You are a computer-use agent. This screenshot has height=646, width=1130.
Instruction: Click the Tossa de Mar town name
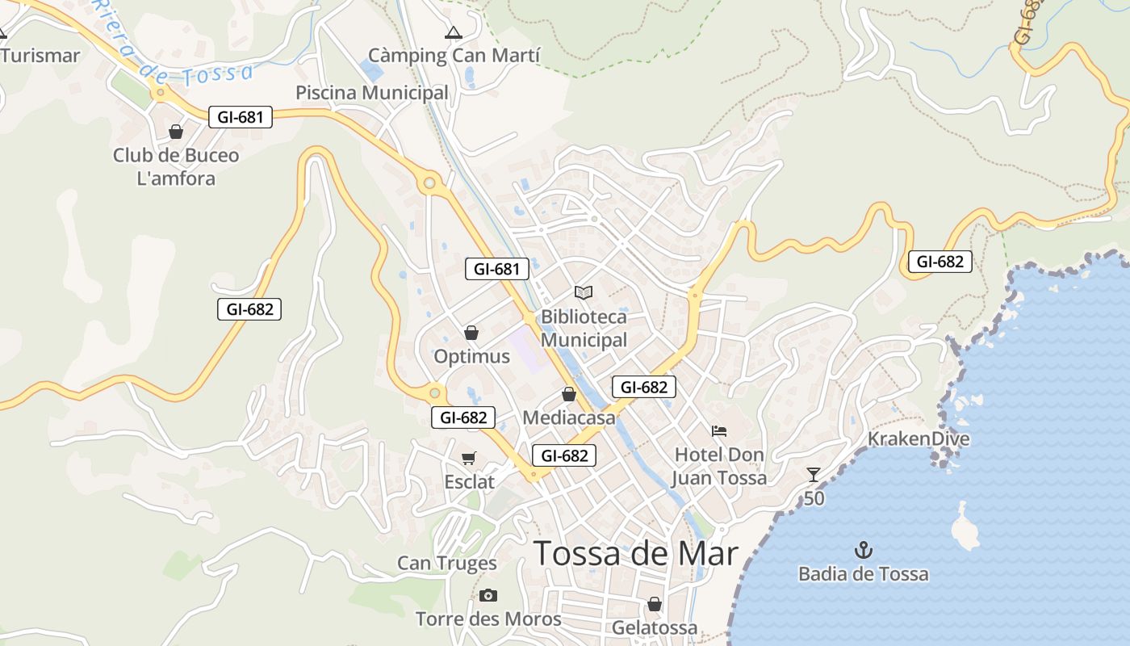pyautogui.click(x=636, y=554)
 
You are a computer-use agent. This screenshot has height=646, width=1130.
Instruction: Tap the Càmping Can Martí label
pyautogui.click(x=454, y=56)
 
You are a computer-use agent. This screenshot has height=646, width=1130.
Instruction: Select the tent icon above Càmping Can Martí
pyautogui.click(x=454, y=33)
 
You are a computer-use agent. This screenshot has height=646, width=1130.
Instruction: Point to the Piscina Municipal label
pyautogui.click(x=371, y=93)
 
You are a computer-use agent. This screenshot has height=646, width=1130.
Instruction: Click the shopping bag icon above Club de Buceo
pyautogui.click(x=176, y=132)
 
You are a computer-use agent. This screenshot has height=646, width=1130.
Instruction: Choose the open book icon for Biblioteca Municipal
pyautogui.click(x=584, y=292)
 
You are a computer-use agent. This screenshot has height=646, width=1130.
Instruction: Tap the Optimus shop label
pyautogui.click(x=472, y=356)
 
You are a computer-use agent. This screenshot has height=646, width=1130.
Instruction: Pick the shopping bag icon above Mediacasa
pyautogui.click(x=569, y=395)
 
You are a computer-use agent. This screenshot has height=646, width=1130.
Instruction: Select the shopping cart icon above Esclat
pyautogui.click(x=469, y=459)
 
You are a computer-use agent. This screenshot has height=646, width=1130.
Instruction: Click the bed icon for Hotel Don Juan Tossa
pyautogui.click(x=719, y=431)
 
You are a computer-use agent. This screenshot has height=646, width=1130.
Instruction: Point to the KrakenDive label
pyautogui.click(x=919, y=439)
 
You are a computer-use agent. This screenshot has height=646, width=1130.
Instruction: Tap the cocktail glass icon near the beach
pyautogui.click(x=814, y=475)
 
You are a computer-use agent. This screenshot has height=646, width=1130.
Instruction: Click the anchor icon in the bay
pyautogui.click(x=864, y=551)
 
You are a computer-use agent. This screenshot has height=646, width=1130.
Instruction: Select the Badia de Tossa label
pyautogui.click(x=864, y=574)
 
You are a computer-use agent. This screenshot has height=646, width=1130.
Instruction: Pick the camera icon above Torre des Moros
pyautogui.click(x=488, y=596)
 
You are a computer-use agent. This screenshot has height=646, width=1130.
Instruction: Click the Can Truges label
pyautogui.click(x=447, y=563)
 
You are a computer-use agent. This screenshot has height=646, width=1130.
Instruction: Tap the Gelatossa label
pyautogui.click(x=655, y=627)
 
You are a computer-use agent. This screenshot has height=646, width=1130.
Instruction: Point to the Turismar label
pyautogui.click(x=40, y=56)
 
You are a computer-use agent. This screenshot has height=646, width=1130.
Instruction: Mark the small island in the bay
pyautogui.click(x=964, y=526)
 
